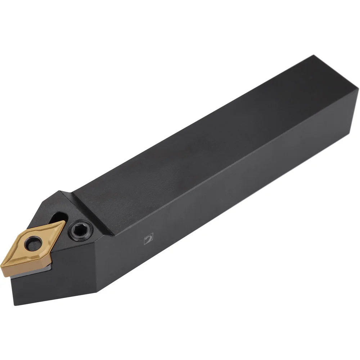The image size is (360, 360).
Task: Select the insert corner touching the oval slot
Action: tap(63, 222)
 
